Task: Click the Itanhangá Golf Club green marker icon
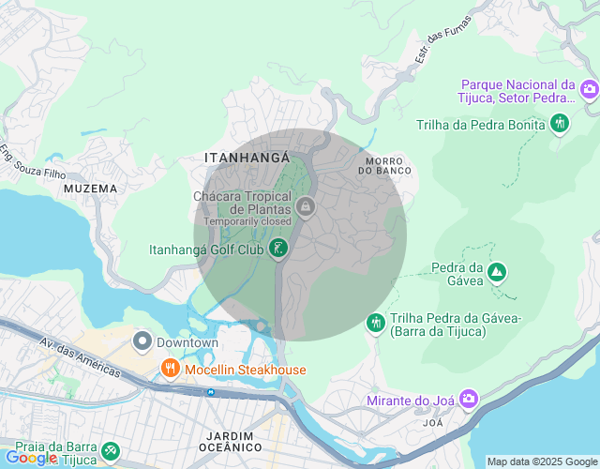(x=277, y=249)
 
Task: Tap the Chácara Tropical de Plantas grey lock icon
(x=304, y=205)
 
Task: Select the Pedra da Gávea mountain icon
(x=496, y=273)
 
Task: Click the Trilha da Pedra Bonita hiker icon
(x=560, y=123)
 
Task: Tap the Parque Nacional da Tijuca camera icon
(x=589, y=90)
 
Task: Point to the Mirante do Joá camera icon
(x=469, y=401)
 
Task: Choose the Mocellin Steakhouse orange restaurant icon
(x=171, y=369)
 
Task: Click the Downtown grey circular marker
(x=142, y=341)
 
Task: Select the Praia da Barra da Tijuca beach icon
(x=111, y=451)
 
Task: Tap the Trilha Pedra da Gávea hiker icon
(x=376, y=323)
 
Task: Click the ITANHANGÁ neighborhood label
(x=247, y=159)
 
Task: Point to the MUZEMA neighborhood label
(x=91, y=189)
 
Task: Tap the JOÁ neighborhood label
(x=432, y=423)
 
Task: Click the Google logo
(x=30, y=458)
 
